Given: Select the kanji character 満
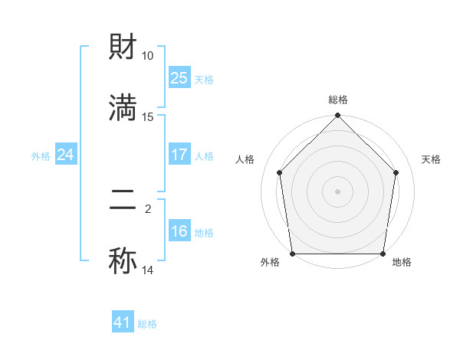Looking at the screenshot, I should pos(123,107).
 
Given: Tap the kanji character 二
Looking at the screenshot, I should pos(123,201).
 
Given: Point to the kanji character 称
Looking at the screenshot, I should pos(123,261).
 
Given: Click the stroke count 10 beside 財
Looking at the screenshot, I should pos(148,56).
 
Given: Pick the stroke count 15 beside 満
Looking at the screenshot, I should pos(148,116).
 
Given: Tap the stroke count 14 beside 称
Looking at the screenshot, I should pos(148,270).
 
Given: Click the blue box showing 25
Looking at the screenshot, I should pos(179,77).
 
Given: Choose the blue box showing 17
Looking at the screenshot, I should pos(179,155).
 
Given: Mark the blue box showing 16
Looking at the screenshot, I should pos(179,231).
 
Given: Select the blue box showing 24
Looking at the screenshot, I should pos(66,155).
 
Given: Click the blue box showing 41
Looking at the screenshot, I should pos(123,322).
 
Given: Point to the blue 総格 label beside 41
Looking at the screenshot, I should pos(147,324).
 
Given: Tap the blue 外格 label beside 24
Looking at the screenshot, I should pos(41,155).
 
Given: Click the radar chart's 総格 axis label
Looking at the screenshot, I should pos(338,100).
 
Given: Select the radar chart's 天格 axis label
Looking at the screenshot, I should pos(432,159).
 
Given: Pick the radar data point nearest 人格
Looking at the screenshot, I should pos(280,172).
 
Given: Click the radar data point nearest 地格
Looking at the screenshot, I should pos(383,254).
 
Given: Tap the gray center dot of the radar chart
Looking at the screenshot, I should pos(338,191).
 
